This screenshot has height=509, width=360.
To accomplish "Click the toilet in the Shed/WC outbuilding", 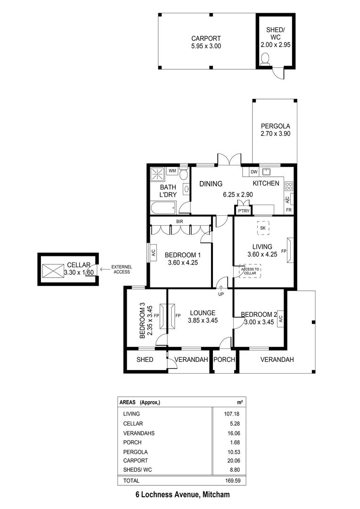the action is click(266, 59).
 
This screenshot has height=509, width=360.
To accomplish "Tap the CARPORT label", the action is click(206, 38).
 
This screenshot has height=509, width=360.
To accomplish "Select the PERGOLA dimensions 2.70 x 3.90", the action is click(275, 133).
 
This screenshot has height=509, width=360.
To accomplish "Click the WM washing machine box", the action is click(172, 171).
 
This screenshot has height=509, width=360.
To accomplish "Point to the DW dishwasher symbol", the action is click(254, 172).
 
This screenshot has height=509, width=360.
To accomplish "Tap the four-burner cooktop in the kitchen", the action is click(288, 186).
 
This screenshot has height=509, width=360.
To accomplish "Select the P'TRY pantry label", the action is click(244, 211).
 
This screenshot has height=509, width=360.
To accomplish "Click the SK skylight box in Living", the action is click(263, 228).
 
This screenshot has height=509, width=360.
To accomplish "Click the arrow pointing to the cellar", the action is click(105, 269).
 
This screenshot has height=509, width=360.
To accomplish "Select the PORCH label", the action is click(224, 359).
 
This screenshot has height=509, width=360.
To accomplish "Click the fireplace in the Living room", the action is click(290, 250).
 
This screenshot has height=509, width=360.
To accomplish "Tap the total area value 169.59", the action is click(233, 480).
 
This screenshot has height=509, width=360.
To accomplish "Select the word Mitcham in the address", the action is click(216, 495).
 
